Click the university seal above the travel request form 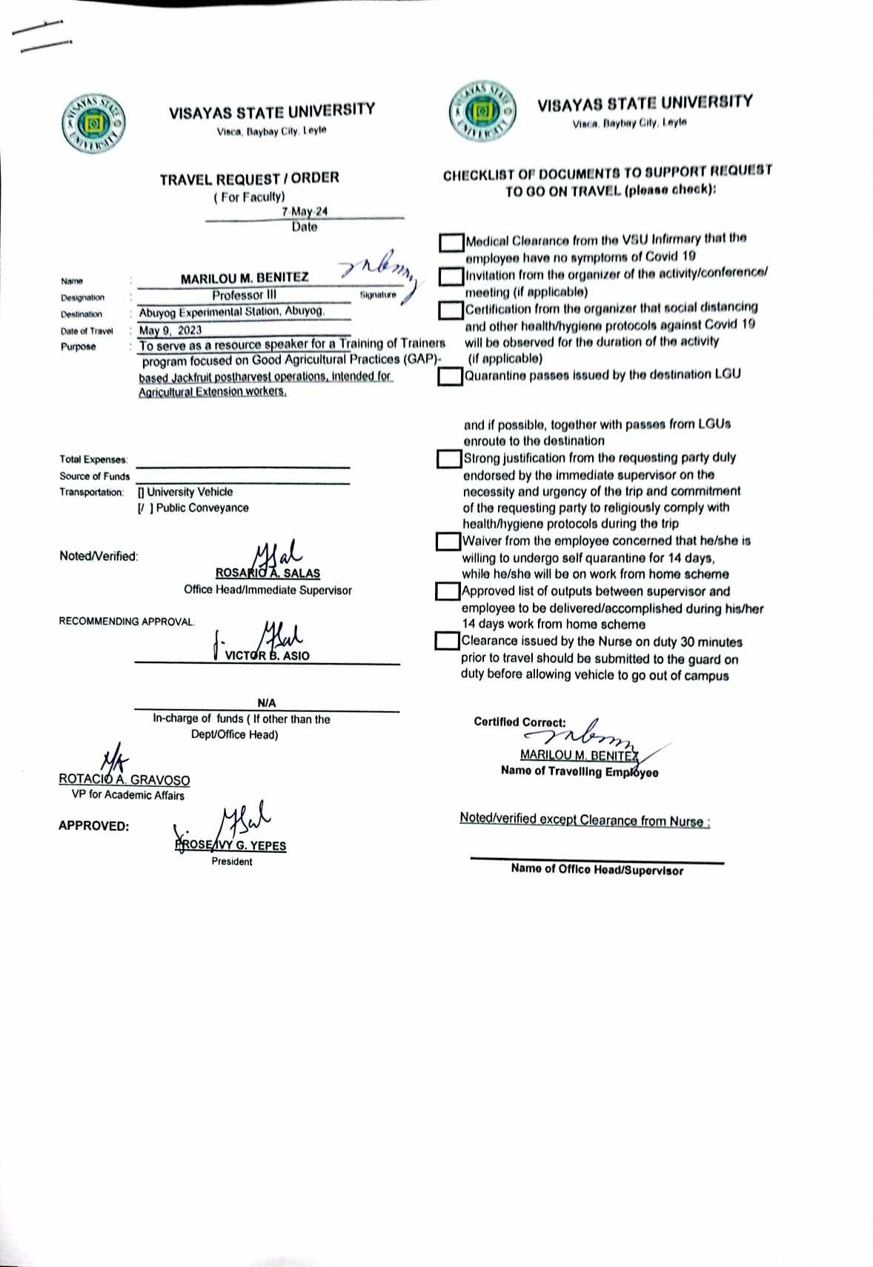tap(93, 124)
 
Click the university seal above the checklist tap(481, 113)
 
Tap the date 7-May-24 tap(304, 211)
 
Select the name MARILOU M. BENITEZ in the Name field tap(245, 278)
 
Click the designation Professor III tap(244, 295)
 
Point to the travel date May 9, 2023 tap(170, 330)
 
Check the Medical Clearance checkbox tap(451, 242)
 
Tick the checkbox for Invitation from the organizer tap(451, 276)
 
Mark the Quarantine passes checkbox tap(449, 376)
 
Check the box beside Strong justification tap(448, 459)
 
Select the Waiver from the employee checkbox tap(448, 542)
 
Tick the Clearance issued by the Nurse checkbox tap(447, 641)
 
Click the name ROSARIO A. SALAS tap(268, 573)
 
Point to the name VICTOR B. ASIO tap(267, 656)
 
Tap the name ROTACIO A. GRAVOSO tap(125, 780)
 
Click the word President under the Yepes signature tap(231, 862)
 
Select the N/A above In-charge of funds tap(267, 702)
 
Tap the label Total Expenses tap(93, 459)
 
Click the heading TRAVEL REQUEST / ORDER tap(250, 179)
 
